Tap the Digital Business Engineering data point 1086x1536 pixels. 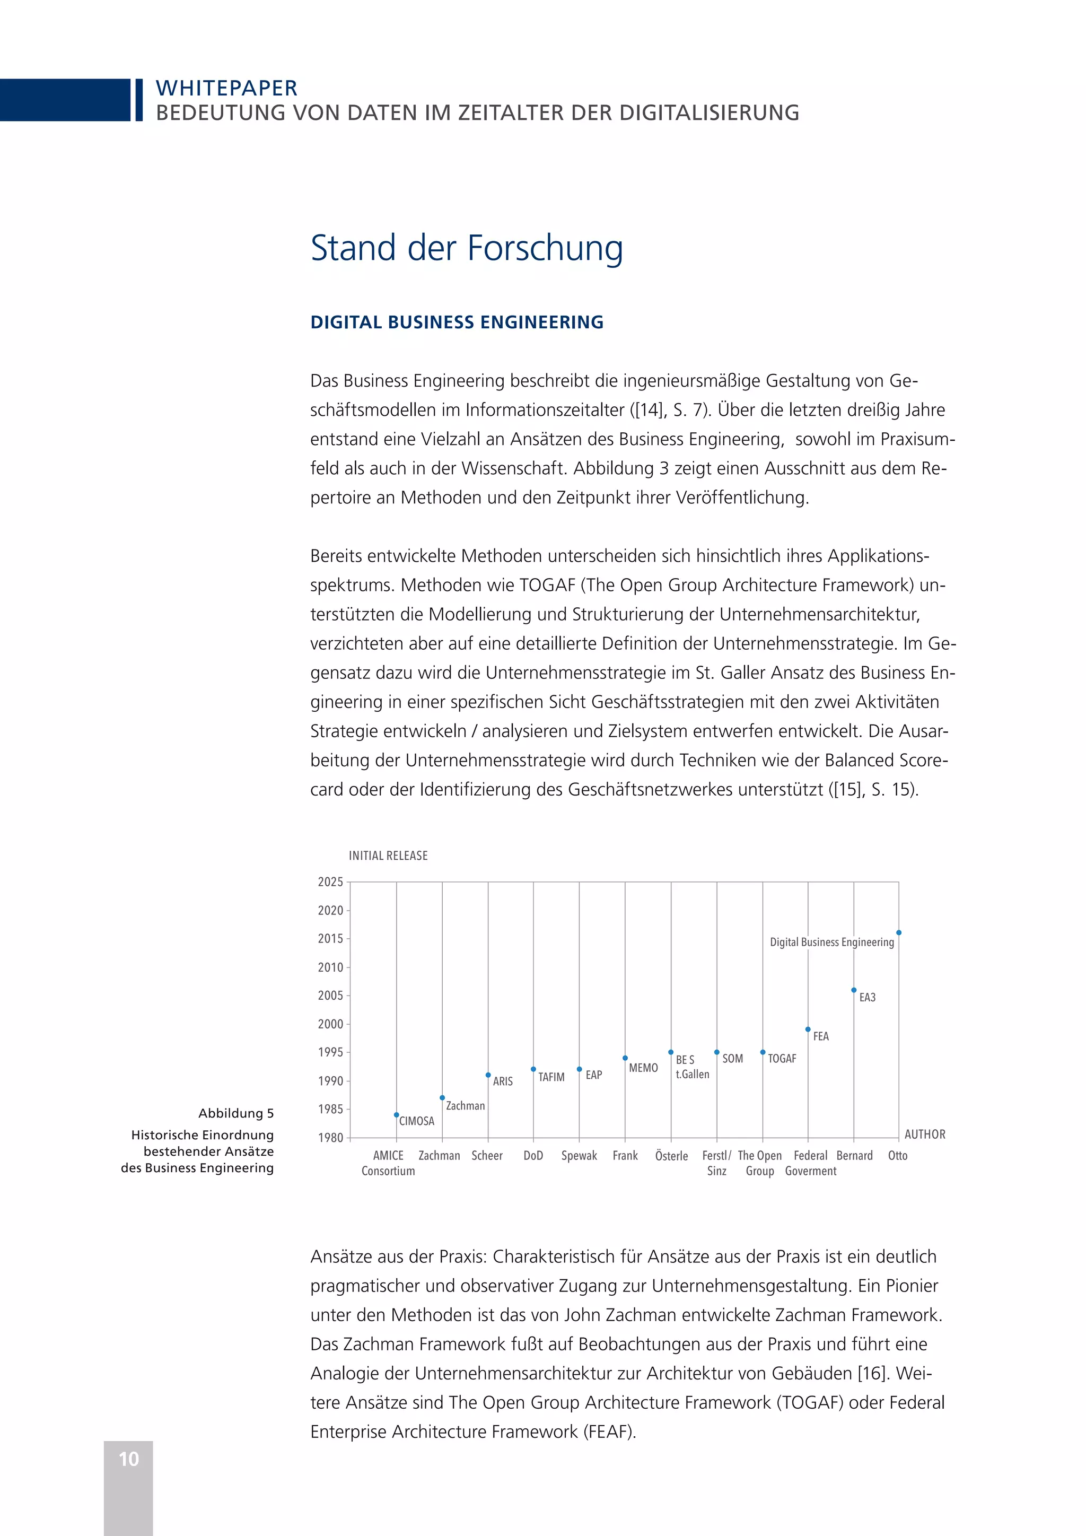pos(899,932)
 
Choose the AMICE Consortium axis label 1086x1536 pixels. pos(389,1163)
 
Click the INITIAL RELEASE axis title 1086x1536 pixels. pos(388,856)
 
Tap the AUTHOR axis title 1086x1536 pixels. pos(925,1134)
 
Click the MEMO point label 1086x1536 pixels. pos(643,1068)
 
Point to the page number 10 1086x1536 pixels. pos(128,1459)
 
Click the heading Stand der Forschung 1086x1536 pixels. pos(467,248)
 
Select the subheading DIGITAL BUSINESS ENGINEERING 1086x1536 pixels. pos(457,322)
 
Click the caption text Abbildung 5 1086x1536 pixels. pos(236,1113)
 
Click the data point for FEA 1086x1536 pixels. pos(808,1029)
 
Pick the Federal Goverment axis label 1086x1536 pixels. pos(810,1163)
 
